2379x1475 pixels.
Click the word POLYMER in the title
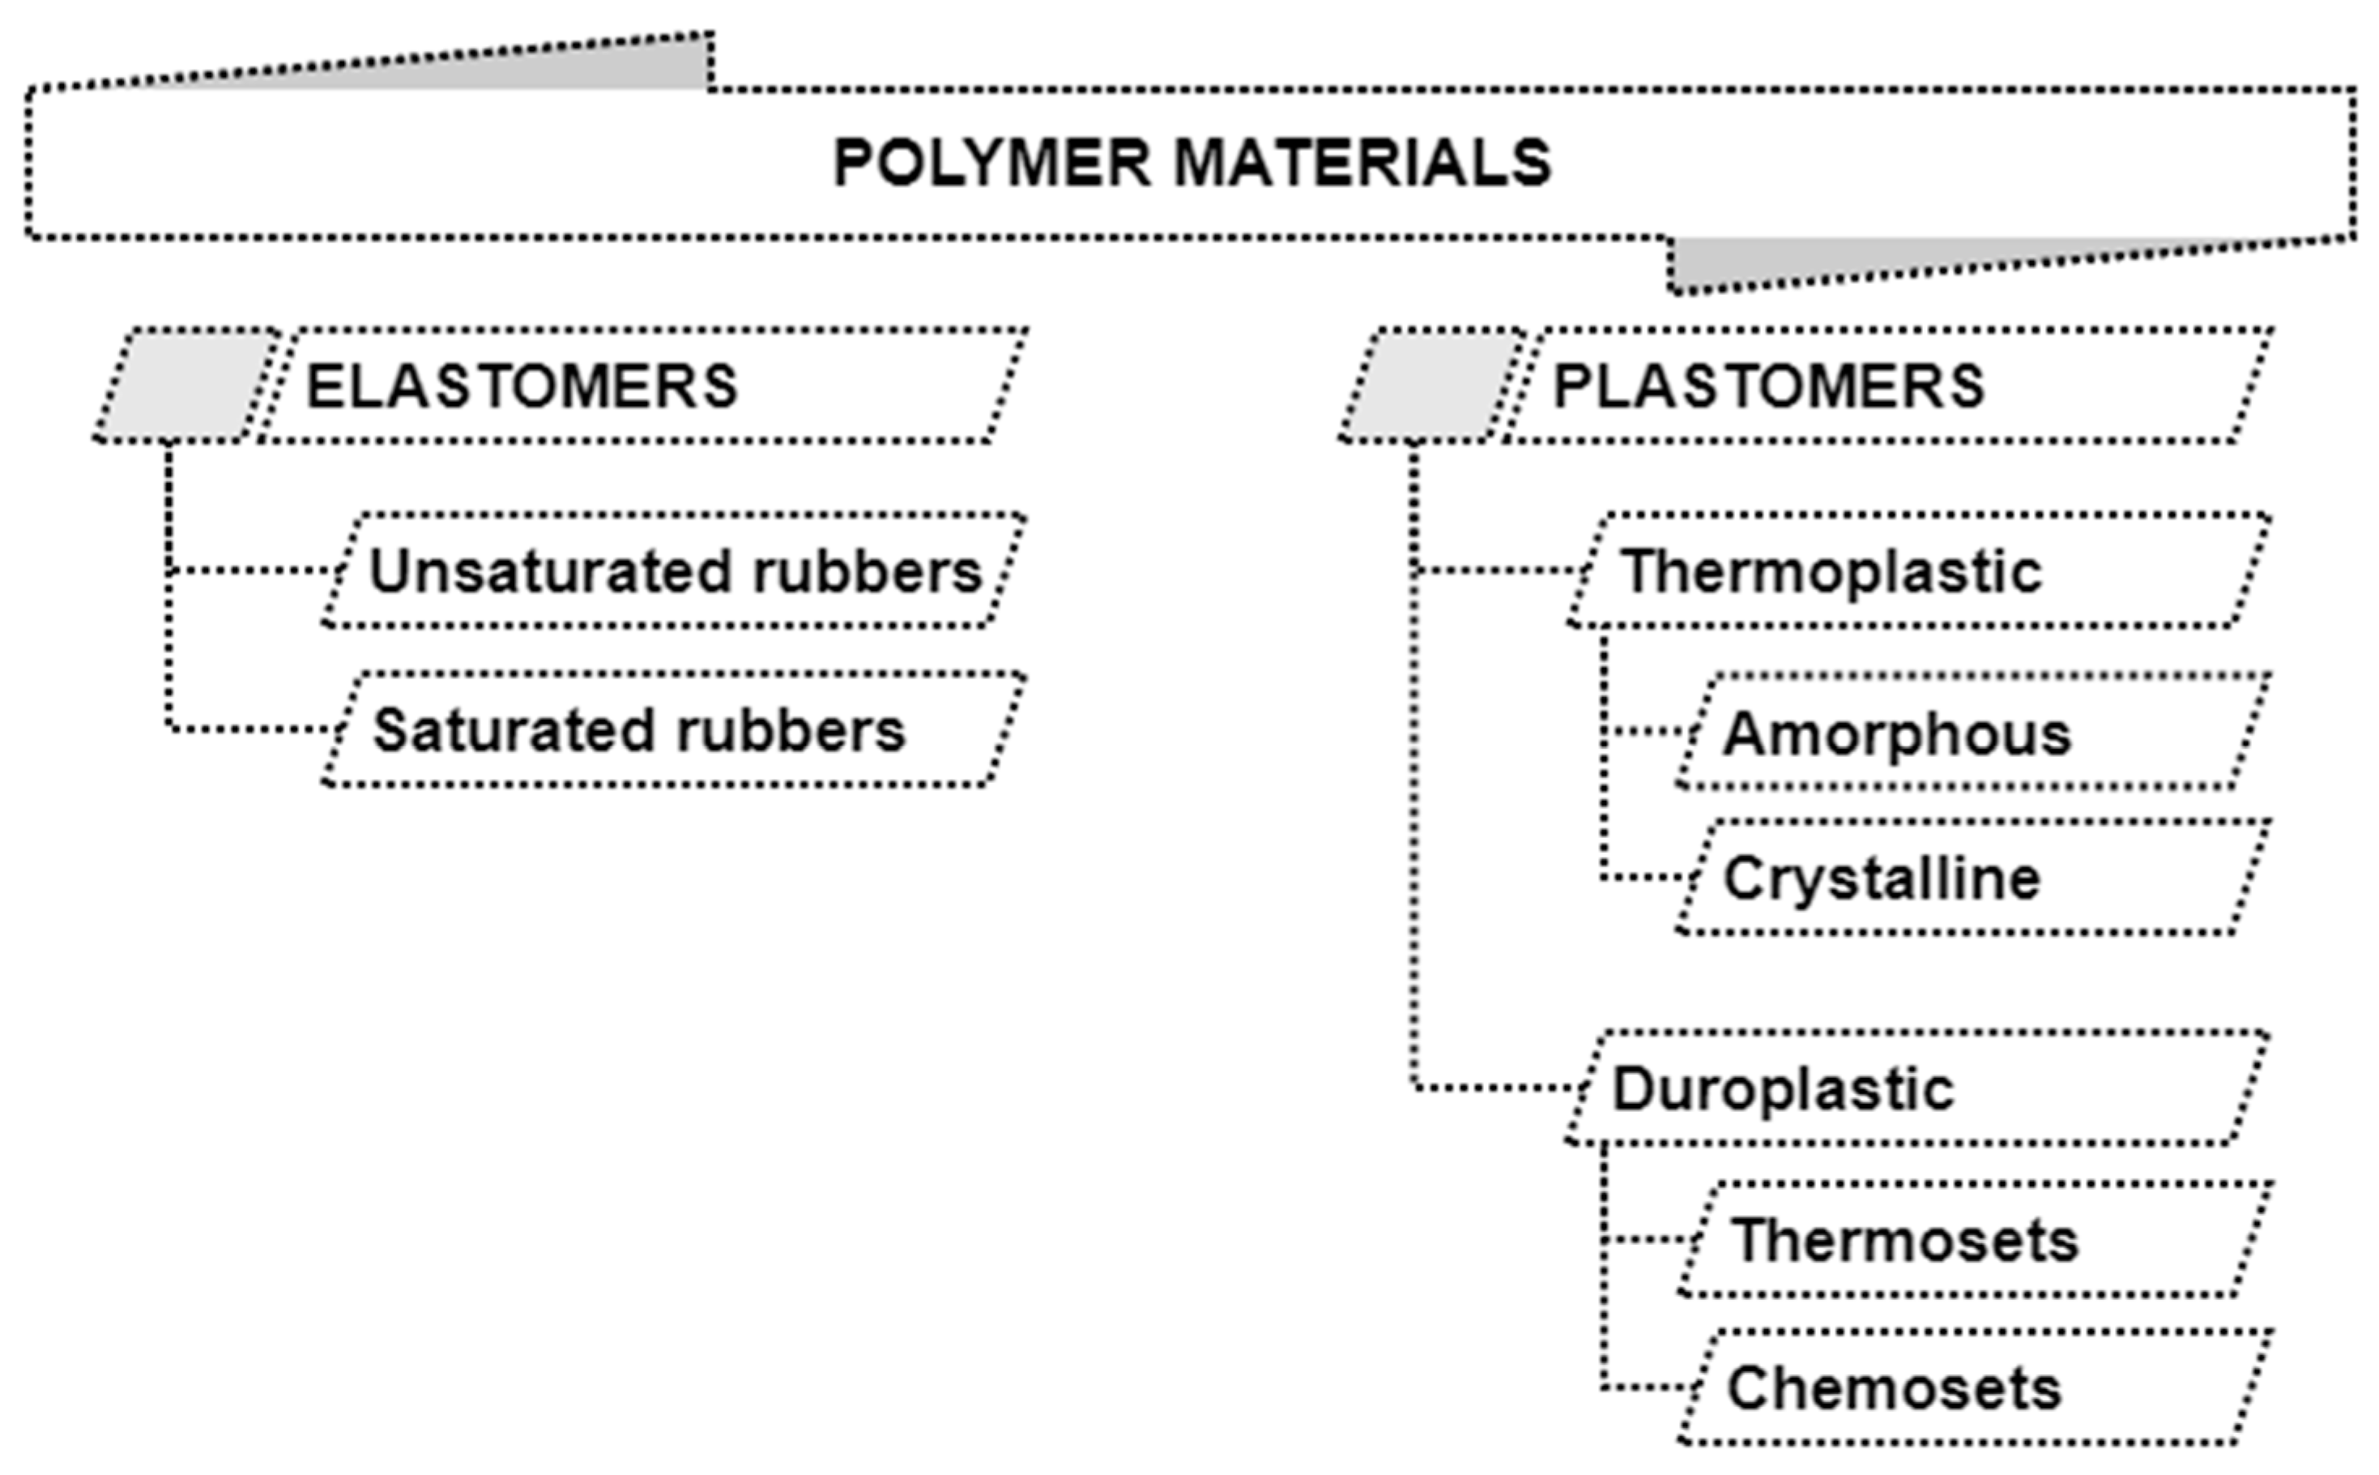[x=991, y=163]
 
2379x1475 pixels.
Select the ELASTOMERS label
[x=522, y=387]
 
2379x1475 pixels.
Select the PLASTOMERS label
[x=1767, y=387]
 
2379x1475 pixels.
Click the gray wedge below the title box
[x=1804, y=259]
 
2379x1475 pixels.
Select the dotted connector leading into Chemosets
[x=1648, y=1387]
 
